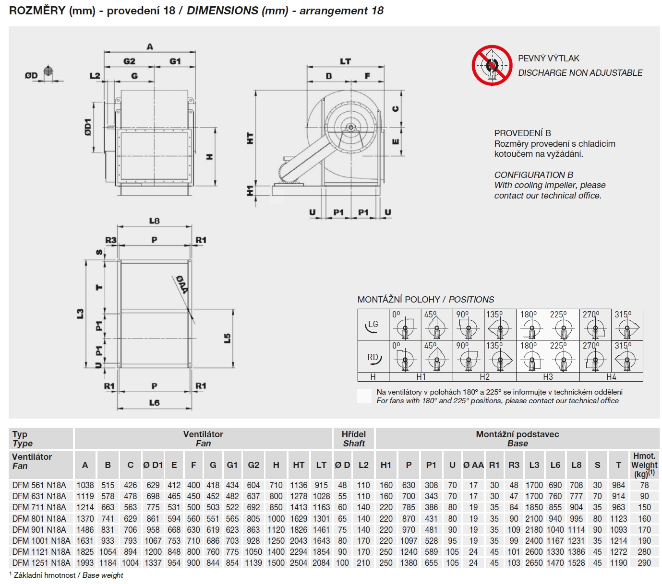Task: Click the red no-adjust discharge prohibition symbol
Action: pyautogui.click(x=492, y=65)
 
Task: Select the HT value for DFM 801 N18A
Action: pyautogui.click(x=299, y=518)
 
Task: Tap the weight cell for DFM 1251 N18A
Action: pyautogui.click(x=644, y=563)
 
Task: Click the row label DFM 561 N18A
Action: pyautogui.click(x=39, y=485)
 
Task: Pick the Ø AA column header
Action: pyautogui.click(x=473, y=465)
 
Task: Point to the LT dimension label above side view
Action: pyautogui.click(x=345, y=61)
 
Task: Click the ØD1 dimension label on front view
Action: pyautogui.click(x=88, y=127)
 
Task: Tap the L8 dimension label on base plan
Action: pyautogui.click(x=154, y=221)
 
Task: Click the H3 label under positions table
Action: pyautogui.click(x=548, y=377)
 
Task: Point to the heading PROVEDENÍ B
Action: pyautogui.click(x=522, y=133)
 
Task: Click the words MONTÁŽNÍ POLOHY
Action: pyautogui.click(x=398, y=300)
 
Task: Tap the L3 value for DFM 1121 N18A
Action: pyautogui.click(x=534, y=552)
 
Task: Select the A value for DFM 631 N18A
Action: pyautogui.click(x=85, y=496)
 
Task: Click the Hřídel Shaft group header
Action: pyautogui.click(x=353, y=439)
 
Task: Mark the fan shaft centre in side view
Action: pyautogui.click(x=350, y=127)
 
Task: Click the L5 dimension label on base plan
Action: pyautogui.click(x=227, y=338)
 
